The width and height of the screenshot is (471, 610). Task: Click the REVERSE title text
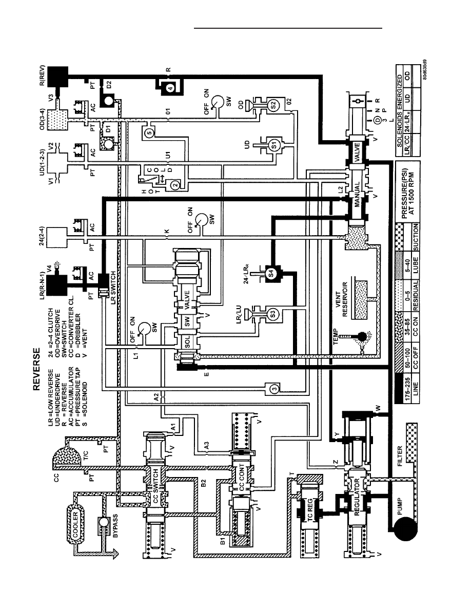[36, 369]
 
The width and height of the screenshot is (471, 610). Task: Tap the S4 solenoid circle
[271, 272]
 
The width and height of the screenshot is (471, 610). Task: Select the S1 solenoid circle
[274, 145]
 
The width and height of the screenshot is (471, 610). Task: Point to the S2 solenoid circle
[273, 105]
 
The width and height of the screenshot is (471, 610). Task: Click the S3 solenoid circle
[272, 313]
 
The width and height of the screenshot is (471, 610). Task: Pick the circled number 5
[150, 132]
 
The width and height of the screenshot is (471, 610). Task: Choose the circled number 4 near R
[170, 88]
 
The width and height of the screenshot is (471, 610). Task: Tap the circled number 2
[175, 185]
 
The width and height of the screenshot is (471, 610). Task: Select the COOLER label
[75, 525]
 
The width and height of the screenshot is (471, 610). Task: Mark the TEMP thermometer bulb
[363, 336]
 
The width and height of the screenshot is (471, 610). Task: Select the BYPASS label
[115, 526]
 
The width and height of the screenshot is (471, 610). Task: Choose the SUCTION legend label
[416, 237]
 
